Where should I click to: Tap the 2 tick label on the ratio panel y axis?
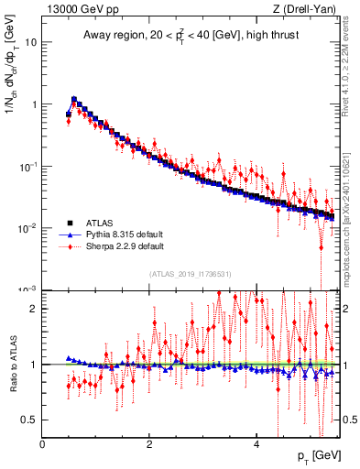35,309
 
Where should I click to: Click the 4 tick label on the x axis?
256,445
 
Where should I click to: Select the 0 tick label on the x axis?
42,445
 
